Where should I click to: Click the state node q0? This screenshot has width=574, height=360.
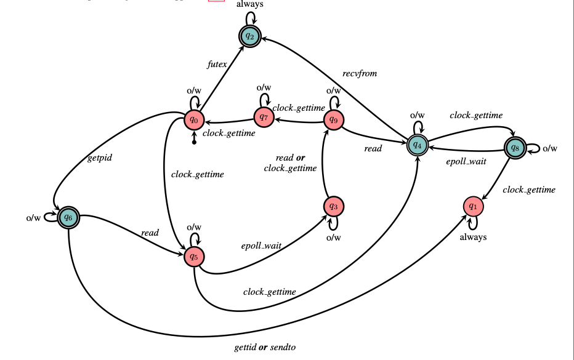[195, 119]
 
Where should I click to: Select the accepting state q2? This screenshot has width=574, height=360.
[249, 36]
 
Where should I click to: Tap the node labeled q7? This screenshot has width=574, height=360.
[264, 116]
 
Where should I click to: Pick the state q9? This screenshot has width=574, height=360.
[334, 120]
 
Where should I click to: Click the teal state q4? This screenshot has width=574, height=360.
[417, 145]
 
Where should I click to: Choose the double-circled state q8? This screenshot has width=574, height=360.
[515, 148]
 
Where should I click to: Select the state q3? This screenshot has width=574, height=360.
[333, 206]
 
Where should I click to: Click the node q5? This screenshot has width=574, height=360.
[194, 256]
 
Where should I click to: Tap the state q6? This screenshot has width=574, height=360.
[68, 217]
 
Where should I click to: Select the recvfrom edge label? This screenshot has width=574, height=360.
[360, 74]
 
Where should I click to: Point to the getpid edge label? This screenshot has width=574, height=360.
[99, 158]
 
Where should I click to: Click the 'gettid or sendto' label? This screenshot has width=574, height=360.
[265, 348]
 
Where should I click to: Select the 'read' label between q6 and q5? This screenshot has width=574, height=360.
[150, 233]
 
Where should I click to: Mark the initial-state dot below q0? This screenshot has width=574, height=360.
[194, 143]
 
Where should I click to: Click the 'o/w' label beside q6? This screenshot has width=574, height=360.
[33, 217]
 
